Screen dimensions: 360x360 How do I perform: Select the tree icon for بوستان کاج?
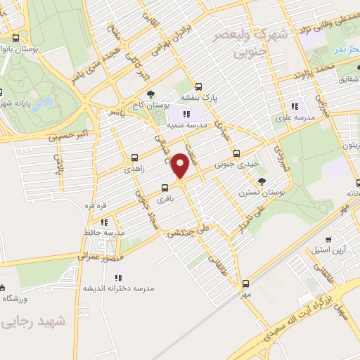149,94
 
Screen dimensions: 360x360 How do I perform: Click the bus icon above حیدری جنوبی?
236,153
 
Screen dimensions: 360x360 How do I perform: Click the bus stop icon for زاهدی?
134,158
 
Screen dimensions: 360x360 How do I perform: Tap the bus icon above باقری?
165,188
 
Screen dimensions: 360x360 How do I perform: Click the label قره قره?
96,205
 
